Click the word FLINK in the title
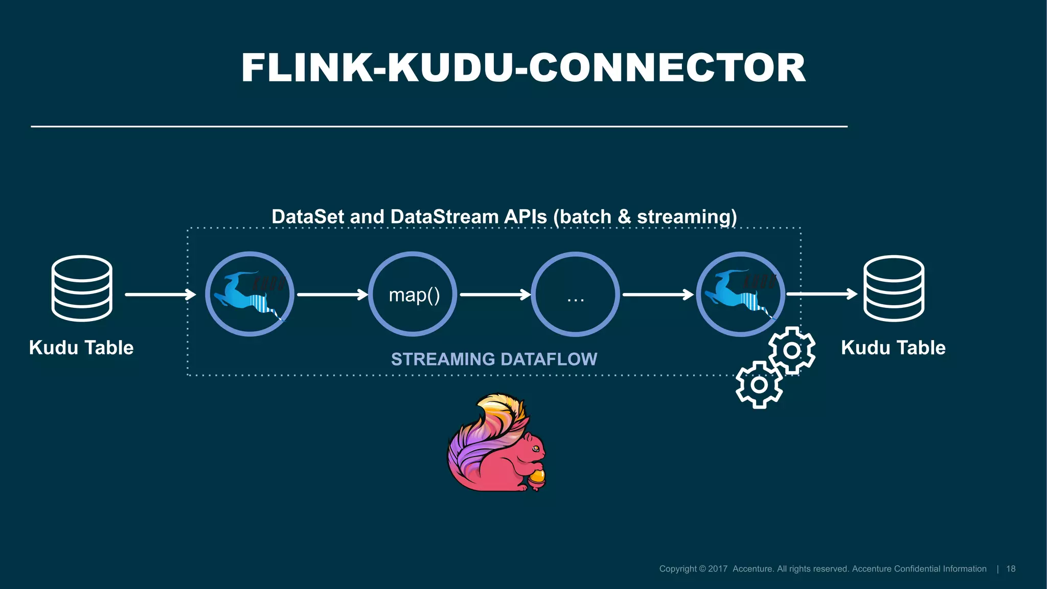point(307,68)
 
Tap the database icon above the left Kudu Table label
point(82,288)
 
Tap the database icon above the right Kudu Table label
point(894,288)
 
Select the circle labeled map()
point(413,294)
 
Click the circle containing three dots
point(576,294)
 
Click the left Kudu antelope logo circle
point(249,294)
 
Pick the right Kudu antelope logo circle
point(741,294)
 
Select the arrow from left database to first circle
point(160,294)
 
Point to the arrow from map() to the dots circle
point(495,294)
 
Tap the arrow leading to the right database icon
point(822,294)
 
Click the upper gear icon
point(792,350)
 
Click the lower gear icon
point(759,384)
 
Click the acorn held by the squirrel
point(537,478)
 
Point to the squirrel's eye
point(535,448)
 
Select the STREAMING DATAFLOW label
point(494,359)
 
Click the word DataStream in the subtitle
point(444,217)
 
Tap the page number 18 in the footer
point(1011,569)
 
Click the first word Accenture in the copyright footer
point(753,569)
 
